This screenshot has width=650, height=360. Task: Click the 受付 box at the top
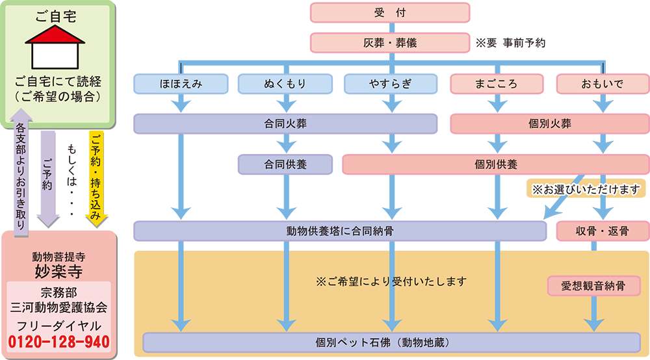(389, 12)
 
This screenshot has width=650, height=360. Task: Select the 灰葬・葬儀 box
(389, 43)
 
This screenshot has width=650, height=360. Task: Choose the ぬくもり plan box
(285, 84)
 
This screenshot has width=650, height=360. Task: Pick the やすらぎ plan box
(389, 84)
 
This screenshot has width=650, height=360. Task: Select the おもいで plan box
(603, 84)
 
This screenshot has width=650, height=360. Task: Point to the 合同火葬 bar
(285, 123)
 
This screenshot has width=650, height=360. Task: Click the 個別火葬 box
(550, 123)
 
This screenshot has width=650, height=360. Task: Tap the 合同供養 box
(285, 164)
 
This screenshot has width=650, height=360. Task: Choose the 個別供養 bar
(496, 164)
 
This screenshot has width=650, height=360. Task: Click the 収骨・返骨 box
(603, 231)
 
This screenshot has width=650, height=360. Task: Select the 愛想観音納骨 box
(593, 286)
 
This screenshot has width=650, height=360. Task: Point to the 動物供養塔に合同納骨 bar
(340, 231)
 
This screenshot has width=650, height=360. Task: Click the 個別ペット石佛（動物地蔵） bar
(391, 341)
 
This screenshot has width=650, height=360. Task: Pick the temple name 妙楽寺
(58, 270)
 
